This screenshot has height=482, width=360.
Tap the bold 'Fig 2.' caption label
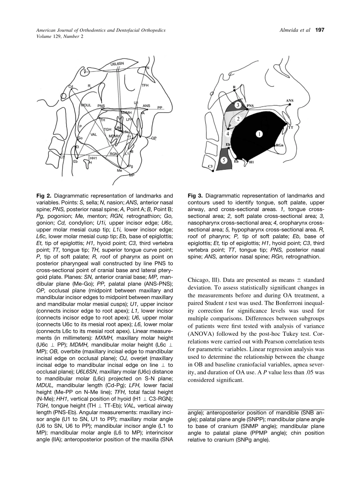pos(44,196)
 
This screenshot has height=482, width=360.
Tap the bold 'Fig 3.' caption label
pos(195,196)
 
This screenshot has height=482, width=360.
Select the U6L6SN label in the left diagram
pos(117,64)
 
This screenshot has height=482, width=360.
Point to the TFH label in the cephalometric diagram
pos(145,86)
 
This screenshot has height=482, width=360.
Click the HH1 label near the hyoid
pos(93,158)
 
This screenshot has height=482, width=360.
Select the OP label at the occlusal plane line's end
pos(154,138)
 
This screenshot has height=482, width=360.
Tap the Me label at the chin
pos(119,171)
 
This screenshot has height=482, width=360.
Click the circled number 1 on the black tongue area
pos(259,135)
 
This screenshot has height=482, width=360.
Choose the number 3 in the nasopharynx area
pos(237,105)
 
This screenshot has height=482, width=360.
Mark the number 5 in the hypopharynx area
pos(224,161)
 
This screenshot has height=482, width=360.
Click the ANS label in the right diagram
pos(290,101)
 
